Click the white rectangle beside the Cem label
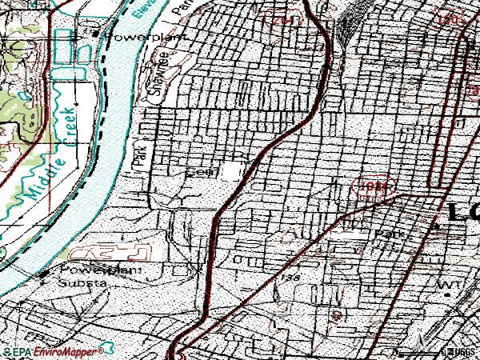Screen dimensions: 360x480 click(233, 171)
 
